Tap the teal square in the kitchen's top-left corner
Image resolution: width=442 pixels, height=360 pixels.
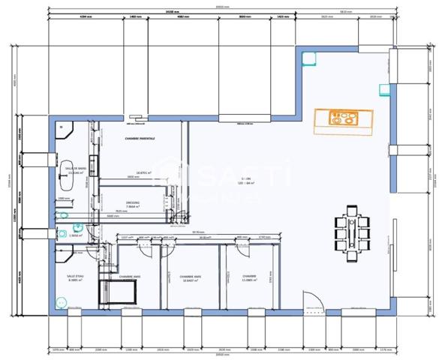[x=306, y=56]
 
